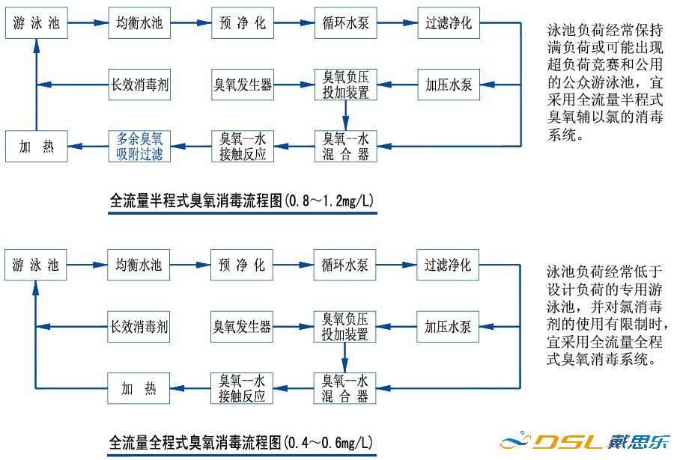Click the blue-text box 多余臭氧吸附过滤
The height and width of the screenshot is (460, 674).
139,146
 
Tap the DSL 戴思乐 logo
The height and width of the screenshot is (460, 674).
585,441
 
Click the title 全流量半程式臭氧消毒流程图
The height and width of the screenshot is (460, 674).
196,200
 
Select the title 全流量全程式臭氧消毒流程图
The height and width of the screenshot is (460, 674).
195,442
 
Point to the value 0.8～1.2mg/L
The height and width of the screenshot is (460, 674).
330,200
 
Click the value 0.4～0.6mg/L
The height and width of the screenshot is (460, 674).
329,442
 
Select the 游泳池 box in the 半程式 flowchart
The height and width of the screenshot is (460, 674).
37,22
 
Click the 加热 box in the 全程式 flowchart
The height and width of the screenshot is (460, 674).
139,388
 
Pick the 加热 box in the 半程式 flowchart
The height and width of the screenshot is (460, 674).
37,146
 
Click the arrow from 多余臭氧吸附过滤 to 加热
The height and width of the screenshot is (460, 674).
88,146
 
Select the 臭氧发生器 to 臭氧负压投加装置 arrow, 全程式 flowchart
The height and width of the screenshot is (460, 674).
293,326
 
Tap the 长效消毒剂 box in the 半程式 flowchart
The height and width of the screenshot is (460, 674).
139,85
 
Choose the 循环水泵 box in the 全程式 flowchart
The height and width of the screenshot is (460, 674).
344,265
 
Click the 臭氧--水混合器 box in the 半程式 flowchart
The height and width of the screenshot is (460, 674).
345,146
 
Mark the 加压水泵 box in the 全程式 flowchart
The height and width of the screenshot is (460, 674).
448,326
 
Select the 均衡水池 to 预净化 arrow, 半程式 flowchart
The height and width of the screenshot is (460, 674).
191,22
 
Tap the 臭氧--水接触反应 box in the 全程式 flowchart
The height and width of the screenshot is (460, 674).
242,388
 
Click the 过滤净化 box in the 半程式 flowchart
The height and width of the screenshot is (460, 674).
449,22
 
